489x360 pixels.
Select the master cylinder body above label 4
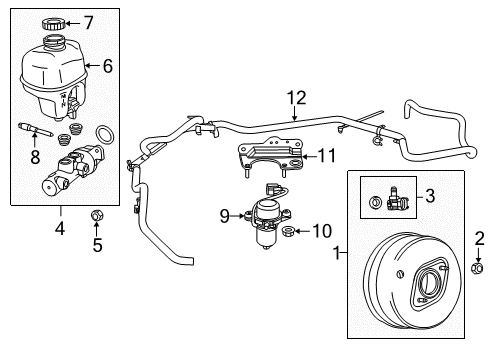(75, 170)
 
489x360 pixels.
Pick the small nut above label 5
(97, 213)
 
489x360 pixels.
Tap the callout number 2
(478, 237)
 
